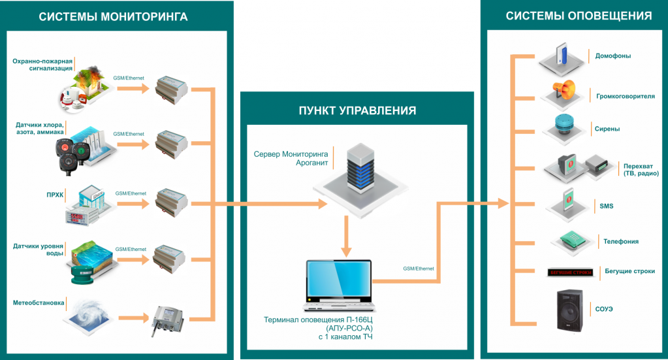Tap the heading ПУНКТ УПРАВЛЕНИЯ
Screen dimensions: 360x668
357,110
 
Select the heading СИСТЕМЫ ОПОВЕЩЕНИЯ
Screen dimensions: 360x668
579,16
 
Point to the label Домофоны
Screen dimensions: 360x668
612,56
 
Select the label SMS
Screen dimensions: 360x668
606,206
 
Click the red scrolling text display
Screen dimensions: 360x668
569,271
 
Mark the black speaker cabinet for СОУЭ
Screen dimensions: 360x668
567,310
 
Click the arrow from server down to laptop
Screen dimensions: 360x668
347,239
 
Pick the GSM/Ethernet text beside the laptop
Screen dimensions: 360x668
419,269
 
